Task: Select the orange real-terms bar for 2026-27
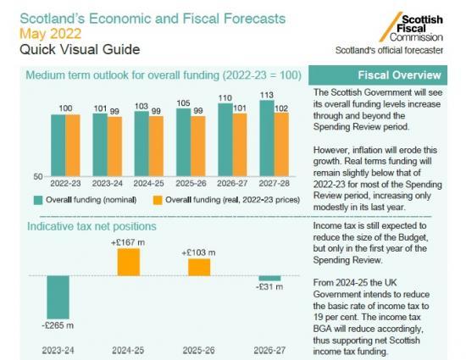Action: [239, 143]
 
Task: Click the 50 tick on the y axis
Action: [38, 175]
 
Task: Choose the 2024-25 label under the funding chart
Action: [148, 182]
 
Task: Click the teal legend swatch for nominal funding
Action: [38, 200]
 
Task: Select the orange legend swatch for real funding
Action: [157, 200]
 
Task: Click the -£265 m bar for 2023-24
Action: [58, 296]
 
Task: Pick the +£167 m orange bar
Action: [128, 262]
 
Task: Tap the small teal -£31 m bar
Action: [269, 279]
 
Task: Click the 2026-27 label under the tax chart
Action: [269, 349]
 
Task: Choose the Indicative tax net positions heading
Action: [92, 226]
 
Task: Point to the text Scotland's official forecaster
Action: [389, 51]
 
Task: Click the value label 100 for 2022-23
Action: [65, 108]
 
